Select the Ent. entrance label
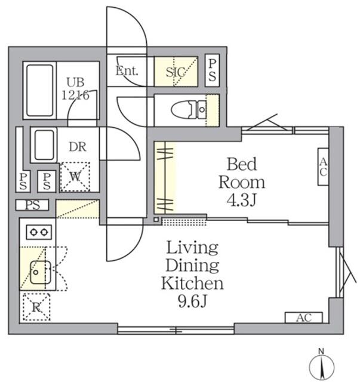127,71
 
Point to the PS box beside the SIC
212,70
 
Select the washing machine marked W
76,177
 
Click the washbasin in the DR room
44,145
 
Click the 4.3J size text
241,200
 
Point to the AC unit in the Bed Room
322,166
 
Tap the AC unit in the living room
303,317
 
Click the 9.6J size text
191,301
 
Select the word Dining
192,265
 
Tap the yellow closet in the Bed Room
165,177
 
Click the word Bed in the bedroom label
241,163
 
